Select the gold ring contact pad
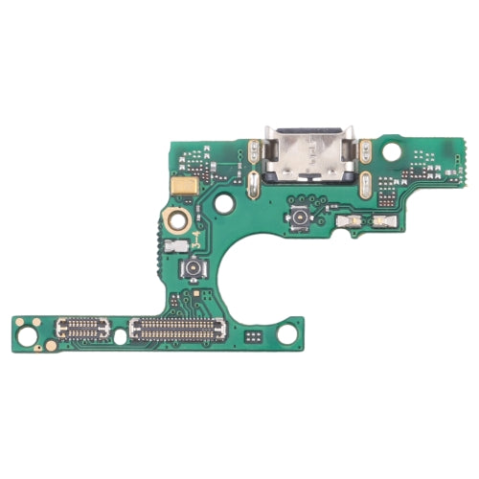coord(175,220)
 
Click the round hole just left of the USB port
coord(223,203)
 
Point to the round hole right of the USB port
coord(391,151)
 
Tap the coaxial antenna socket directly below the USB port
coord(300,218)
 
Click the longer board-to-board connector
coord(177,330)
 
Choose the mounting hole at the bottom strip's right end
coord(285,334)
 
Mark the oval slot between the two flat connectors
coord(120,336)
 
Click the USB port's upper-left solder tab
coord(253,149)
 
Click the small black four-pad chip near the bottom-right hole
coord(252,336)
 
